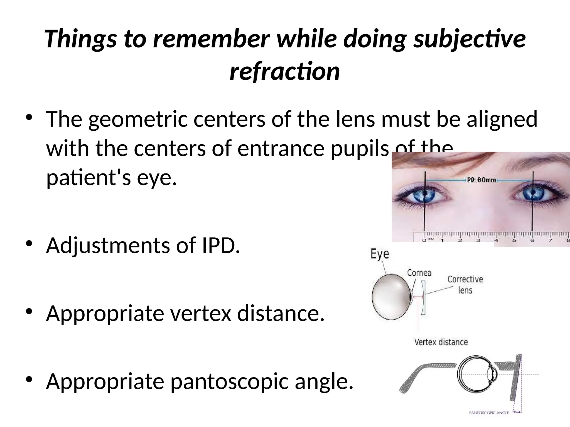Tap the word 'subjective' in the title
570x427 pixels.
pyautogui.click(x=470, y=39)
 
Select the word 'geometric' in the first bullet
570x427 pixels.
pyautogui.click(x=138, y=119)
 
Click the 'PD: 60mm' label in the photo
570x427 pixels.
pyautogui.click(x=481, y=180)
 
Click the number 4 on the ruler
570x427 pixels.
pyautogui.click(x=496, y=240)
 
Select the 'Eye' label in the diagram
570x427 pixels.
pyautogui.click(x=380, y=254)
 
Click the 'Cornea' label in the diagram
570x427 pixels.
pyautogui.click(x=419, y=273)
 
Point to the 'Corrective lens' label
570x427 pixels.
pyautogui.click(x=465, y=284)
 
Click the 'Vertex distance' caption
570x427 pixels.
pyautogui.click(x=441, y=342)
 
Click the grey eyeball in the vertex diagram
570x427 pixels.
pyautogui.click(x=391, y=296)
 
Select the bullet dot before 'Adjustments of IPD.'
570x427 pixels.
pyautogui.click(x=29, y=244)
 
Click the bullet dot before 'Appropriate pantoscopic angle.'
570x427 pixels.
pyautogui.click(x=29, y=379)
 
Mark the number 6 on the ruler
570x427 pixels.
pyautogui.click(x=532, y=240)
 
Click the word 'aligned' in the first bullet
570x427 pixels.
pyautogui.click(x=502, y=119)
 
